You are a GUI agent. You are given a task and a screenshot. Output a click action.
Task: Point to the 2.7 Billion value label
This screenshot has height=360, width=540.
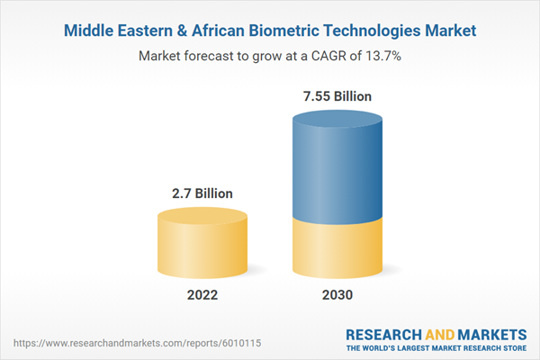point(202,193)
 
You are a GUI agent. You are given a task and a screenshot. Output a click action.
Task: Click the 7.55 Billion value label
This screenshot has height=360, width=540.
point(337,96)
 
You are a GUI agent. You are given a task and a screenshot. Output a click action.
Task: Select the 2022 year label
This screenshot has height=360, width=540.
point(202,295)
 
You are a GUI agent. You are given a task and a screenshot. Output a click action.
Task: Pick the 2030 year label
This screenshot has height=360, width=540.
point(337,295)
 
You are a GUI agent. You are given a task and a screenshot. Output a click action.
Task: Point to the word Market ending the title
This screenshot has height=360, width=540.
point(449,31)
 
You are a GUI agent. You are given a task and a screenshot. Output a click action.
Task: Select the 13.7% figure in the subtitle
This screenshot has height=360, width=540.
point(382,57)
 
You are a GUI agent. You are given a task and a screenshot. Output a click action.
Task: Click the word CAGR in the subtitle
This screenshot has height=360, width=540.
point(318,57)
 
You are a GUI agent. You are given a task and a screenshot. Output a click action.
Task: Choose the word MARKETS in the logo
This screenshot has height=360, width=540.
point(490,334)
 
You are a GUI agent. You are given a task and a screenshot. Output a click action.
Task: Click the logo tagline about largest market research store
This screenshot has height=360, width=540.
point(437,348)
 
